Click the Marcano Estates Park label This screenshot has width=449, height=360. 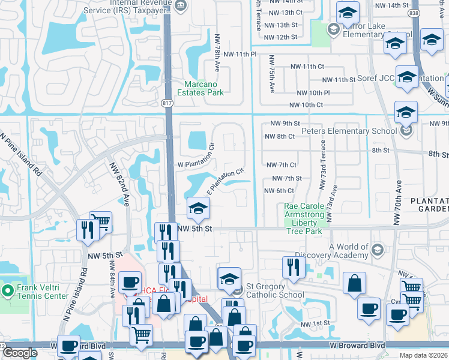195,88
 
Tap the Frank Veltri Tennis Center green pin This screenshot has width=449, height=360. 8,292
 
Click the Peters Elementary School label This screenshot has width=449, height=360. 349,131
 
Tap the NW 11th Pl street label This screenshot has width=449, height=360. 240,54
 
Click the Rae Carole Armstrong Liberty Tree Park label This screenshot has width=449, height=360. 304,218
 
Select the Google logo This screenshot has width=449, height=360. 20,353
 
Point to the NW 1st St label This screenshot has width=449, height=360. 315,323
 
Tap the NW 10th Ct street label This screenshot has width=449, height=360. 306,105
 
